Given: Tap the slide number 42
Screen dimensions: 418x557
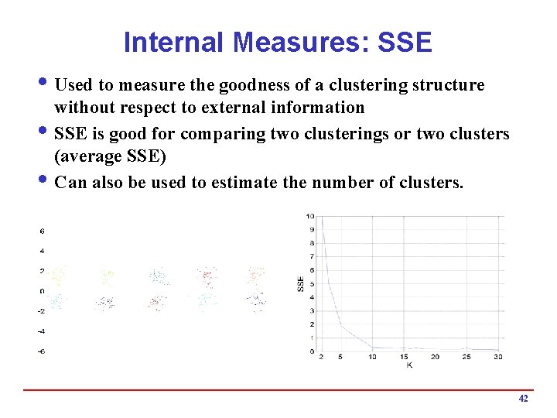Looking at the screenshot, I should click(523, 398).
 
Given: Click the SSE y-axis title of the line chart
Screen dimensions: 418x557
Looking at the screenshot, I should click(301, 284).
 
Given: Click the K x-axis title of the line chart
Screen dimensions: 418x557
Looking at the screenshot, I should click(409, 365).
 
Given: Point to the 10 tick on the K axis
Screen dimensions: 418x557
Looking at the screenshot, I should click(372, 357).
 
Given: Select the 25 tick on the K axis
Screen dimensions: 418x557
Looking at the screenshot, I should click(466, 357).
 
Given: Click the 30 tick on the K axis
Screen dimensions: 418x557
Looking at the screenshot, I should click(497, 357).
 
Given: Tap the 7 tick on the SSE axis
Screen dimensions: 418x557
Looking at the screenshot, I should click(311, 256).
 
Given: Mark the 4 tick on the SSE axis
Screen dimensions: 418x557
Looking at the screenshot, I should click(311, 297).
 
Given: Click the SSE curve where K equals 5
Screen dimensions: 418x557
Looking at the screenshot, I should click(341, 326).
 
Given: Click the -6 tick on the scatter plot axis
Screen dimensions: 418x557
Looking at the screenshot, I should click(42, 351).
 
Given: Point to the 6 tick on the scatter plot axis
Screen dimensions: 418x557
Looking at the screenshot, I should click(42, 231).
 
